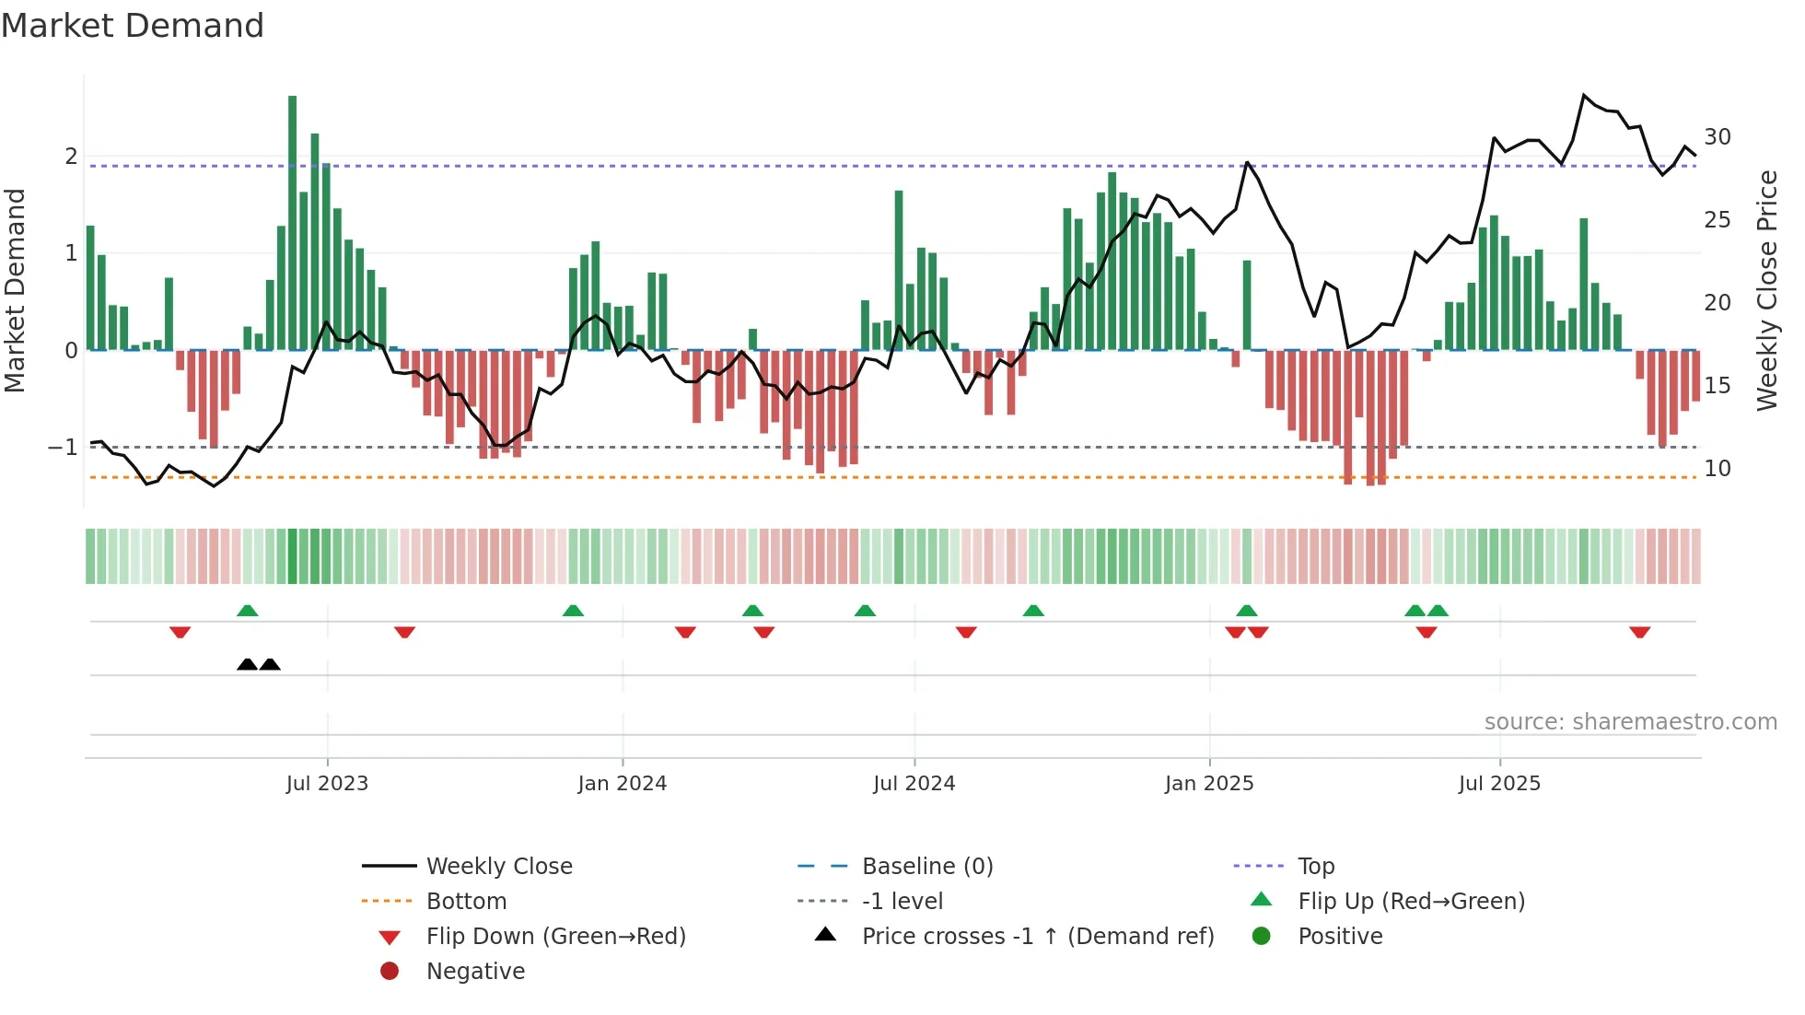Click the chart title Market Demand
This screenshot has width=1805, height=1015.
pos(133,26)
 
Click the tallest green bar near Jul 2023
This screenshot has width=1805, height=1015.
pos(292,221)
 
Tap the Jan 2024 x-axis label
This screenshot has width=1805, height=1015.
pos(622,784)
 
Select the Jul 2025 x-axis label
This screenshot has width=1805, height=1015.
pos(1498,784)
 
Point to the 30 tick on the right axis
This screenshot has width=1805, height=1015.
pos(1717,137)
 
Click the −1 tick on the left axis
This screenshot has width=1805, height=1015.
pos(63,448)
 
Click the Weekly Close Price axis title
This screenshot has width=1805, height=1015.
pos(1766,290)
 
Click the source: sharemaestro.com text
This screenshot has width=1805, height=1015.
pos(1630,722)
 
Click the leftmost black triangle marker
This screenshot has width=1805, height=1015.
pos(247,664)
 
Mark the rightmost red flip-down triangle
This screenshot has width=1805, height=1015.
pos(1639,632)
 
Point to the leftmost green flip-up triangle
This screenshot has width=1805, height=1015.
pos(247,611)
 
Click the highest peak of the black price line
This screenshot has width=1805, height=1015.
pos(1584,95)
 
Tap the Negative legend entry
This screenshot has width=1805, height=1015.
pos(475,972)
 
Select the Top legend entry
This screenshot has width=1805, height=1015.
pos(1315,867)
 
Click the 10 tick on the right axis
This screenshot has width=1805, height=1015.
pos(1717,469)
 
